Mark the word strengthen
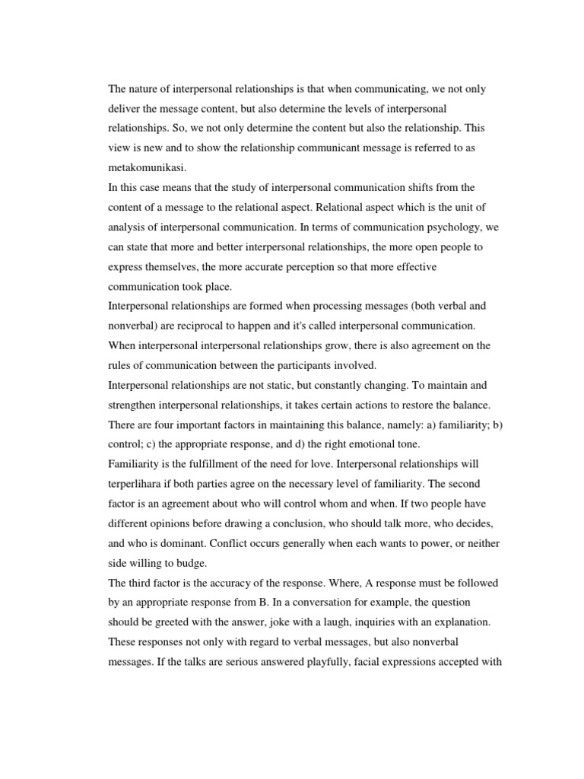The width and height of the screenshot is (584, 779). [x=137, y=405]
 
